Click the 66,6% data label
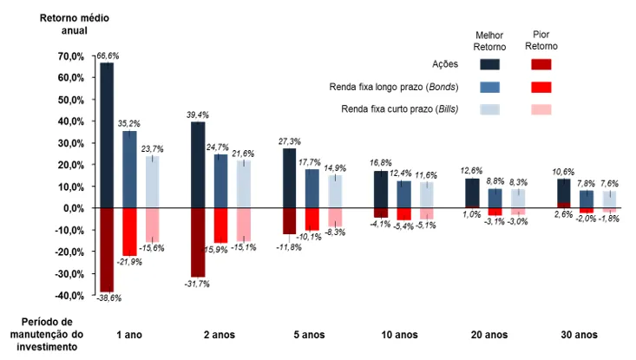[x=108, y=56]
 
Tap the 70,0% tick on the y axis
[x=70, y=56]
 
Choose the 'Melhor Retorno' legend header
[x=488, y=40]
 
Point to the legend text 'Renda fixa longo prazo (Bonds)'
[x=394, y=87]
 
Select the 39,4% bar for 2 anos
[x=198, y=165]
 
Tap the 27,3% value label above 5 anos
[x=289, y=141]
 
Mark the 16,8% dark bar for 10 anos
[x=380, y=189]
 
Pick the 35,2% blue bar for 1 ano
[x=129, y=169]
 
